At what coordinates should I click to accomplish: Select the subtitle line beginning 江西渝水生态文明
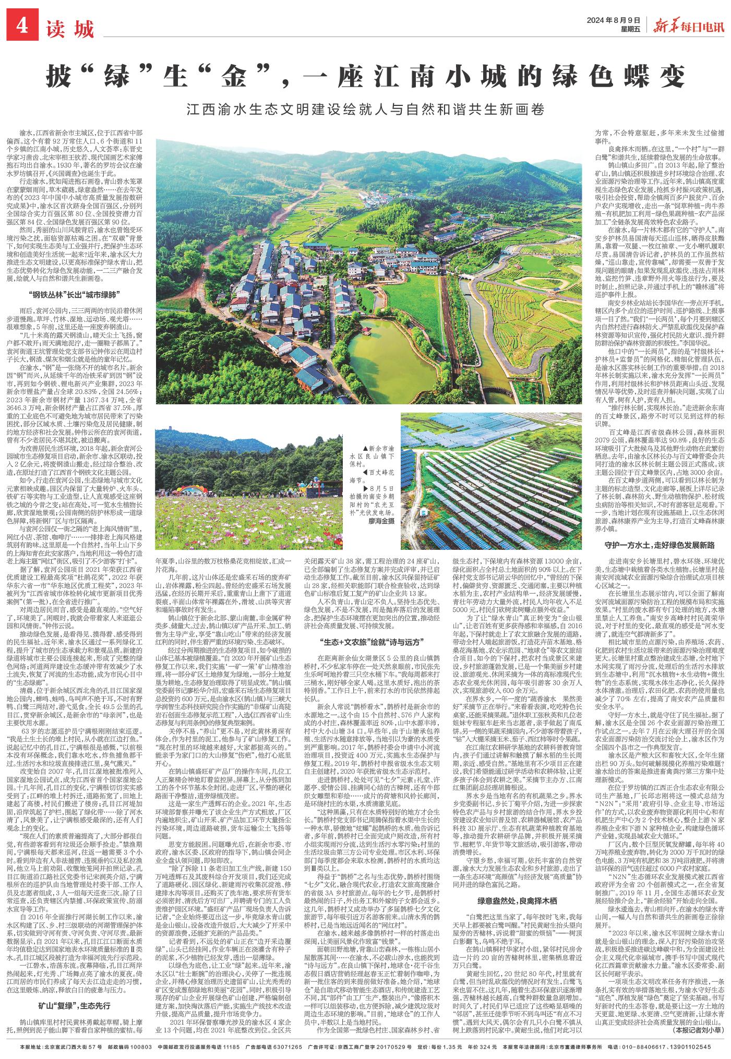tap(365, 111)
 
